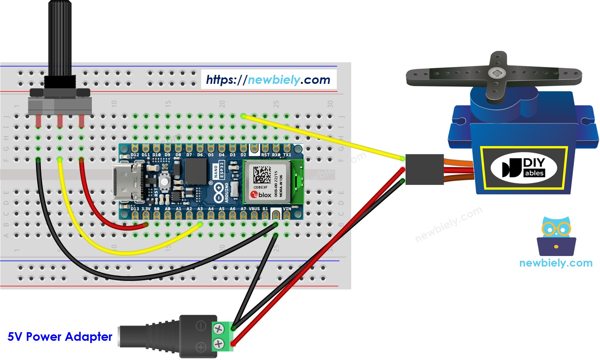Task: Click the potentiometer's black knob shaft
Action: point(60,38)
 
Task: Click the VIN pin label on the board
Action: point(287,209)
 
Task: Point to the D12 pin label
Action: point(135,155)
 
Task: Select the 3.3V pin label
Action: point(146,209)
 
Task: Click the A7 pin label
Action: point(243,209)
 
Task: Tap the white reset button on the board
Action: point(164,181)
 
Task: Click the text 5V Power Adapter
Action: point(60,337)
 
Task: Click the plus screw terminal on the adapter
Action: point(218,344)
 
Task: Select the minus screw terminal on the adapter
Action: point(218,329)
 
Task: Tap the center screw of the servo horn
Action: point(495,73)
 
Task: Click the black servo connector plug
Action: point(424,169)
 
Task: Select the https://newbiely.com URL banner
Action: point(268,79)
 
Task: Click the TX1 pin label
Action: point(287,155)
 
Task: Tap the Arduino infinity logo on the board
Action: point(218,192)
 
